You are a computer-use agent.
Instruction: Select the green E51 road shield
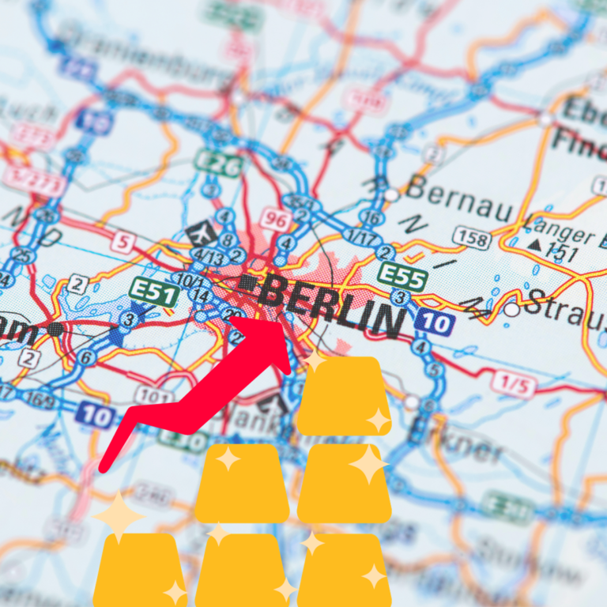click(153, 292)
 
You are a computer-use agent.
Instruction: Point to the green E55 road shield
click(402, 277)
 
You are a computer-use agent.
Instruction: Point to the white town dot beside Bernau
click(391, 194)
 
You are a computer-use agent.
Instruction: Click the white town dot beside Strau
click(512, 310)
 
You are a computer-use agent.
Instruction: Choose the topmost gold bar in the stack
click(345, 395)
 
